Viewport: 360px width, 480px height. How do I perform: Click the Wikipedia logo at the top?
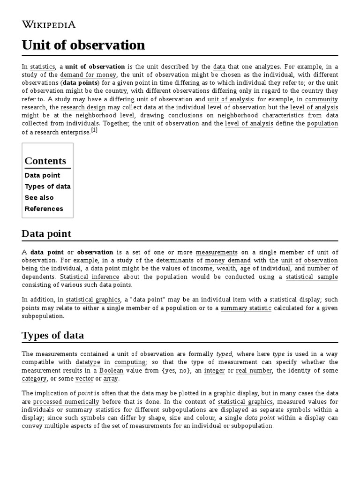(x=49, y=24)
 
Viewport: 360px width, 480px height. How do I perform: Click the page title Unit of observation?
(x=83, y=45)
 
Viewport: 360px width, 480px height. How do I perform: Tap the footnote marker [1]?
(x=94, y=131)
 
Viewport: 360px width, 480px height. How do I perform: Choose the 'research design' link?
(x=79, y=107)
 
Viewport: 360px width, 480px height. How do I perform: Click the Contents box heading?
(x=45, y=161)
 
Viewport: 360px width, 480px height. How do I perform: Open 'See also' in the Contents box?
(x=39, y=197)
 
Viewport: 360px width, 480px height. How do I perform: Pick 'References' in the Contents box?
(x=44, y=209)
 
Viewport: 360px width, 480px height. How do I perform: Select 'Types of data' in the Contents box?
(x=48, y=186)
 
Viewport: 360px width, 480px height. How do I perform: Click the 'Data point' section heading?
(x=46, y=233)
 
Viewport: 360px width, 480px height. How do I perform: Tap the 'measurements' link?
(x=217, y=252)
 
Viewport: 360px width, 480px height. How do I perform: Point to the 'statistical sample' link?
(x=312, y=277)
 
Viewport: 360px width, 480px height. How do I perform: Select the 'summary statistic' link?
(x=246, y=308)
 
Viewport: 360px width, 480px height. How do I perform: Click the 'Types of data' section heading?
(x=53, y=335)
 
